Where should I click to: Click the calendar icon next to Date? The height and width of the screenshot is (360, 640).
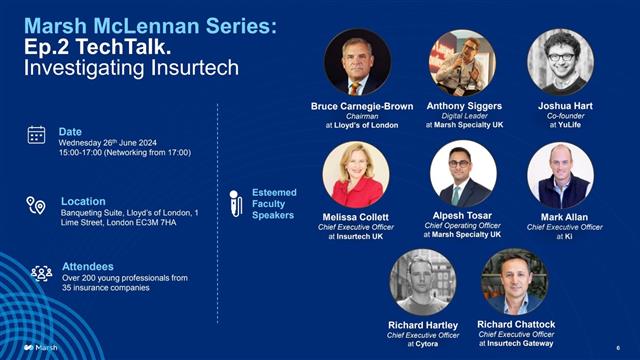36,134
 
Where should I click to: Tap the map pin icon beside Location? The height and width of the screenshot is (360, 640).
36,205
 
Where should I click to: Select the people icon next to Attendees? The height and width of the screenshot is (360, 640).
41,273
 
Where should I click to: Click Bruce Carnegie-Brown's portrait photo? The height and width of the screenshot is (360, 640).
357,62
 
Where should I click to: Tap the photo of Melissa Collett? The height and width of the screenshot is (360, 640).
355,174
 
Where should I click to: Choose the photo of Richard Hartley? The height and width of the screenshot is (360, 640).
422,281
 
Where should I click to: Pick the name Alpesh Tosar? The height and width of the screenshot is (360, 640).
462,216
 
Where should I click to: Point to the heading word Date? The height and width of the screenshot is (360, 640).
70,131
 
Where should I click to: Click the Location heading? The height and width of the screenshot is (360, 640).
83,201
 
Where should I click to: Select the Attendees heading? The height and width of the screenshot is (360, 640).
86,268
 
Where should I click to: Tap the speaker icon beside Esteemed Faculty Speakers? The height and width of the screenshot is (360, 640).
236,203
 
